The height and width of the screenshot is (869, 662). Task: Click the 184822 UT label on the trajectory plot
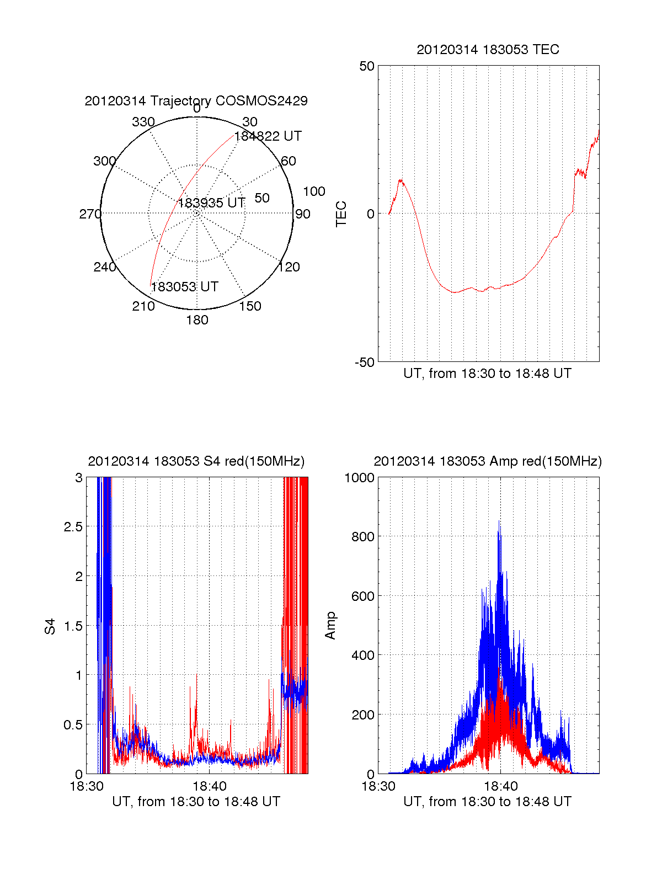coord(268,136)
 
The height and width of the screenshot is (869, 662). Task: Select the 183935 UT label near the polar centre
coord(211,203)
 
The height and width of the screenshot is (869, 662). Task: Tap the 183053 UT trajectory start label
coord(185,287)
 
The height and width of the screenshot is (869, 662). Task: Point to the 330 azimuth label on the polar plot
coord(143,122)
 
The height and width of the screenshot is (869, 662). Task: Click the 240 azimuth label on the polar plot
coord(105,267)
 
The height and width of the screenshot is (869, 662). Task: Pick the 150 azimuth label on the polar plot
coord(250,306)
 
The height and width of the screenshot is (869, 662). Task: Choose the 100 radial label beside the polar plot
coord(314,191)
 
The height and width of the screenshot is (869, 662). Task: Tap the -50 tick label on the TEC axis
coord(364,362)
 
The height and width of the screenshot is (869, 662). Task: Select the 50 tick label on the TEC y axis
coord(367,66)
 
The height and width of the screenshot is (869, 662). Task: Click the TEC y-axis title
coord(341,214)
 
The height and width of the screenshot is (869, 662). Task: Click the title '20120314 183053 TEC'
coord(488,50)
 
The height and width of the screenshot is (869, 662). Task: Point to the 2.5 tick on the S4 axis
coord(73,527)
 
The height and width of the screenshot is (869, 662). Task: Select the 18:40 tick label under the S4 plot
coord(209,786)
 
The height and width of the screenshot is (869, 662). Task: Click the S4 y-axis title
coord(50,626)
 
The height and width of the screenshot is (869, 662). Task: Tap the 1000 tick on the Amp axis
coord(359,478)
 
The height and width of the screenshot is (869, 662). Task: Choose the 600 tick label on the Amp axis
coord(362,596)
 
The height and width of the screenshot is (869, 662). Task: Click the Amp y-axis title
coord(330,626)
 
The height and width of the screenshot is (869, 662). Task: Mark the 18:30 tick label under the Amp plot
coord(378,786)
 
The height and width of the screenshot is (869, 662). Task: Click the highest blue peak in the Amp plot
coord(499,521)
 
